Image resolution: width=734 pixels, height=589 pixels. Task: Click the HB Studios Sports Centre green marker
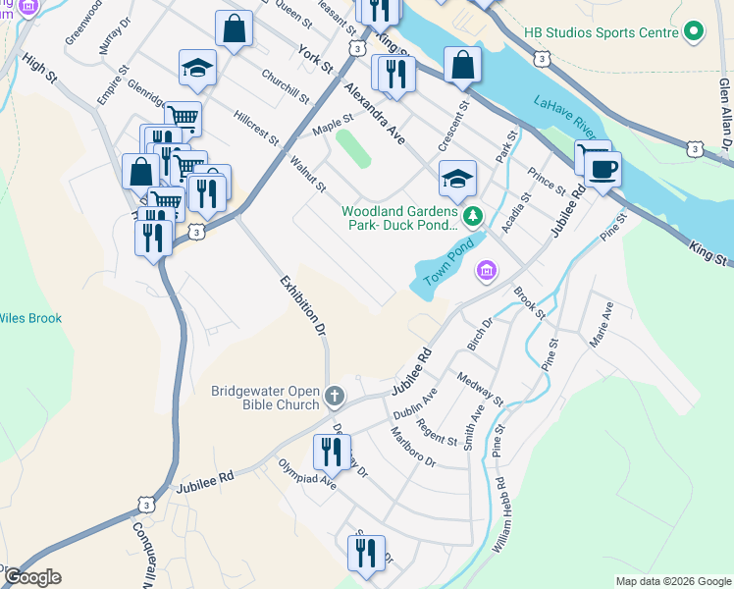(x=694, y=32)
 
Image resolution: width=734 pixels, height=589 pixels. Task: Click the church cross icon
(x=335, y=397)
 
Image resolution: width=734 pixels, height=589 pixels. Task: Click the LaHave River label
(x=566, y=116)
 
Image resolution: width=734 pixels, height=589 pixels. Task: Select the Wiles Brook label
(x=30, y=318)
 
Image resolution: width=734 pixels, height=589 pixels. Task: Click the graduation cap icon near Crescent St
(x=457, y=178)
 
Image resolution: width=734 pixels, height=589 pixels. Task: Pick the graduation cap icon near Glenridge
(x=197, y=68)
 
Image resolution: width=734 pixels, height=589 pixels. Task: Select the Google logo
(x=31, y=577)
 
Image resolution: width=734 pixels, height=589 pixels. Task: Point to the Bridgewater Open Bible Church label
(x=265, y=397)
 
